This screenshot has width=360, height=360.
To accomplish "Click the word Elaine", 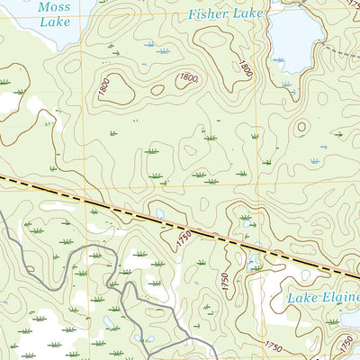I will (x=342, y=297).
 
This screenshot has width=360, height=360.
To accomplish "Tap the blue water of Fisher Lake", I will (x=297, y=40).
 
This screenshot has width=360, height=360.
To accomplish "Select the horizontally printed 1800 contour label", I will (x=187, y=77).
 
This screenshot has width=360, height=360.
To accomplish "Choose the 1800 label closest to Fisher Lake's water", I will (x=246, y=67).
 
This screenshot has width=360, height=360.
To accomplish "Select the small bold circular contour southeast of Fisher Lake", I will (x=301, y=127).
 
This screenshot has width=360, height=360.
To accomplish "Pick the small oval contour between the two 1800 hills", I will (x=157, y=90).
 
